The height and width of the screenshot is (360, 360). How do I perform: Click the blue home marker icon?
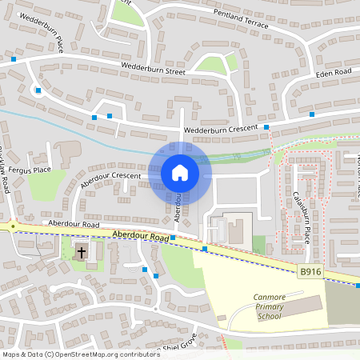tap(180, 173)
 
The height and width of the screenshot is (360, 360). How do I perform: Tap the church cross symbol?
tap(82, 253)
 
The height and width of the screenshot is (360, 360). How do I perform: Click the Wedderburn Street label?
tap(153, 70)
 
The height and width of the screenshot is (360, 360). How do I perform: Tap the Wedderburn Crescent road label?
tap(219, 128)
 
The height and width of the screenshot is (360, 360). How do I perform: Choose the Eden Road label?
tap(334, 73)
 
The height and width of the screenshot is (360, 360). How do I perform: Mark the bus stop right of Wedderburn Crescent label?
tap(267, 126)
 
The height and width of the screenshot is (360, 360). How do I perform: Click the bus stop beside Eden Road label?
tap(311, 114)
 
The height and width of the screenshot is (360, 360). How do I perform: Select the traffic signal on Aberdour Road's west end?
tap(13, 226)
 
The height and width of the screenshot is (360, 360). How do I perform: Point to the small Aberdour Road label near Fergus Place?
tap(73, 225)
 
